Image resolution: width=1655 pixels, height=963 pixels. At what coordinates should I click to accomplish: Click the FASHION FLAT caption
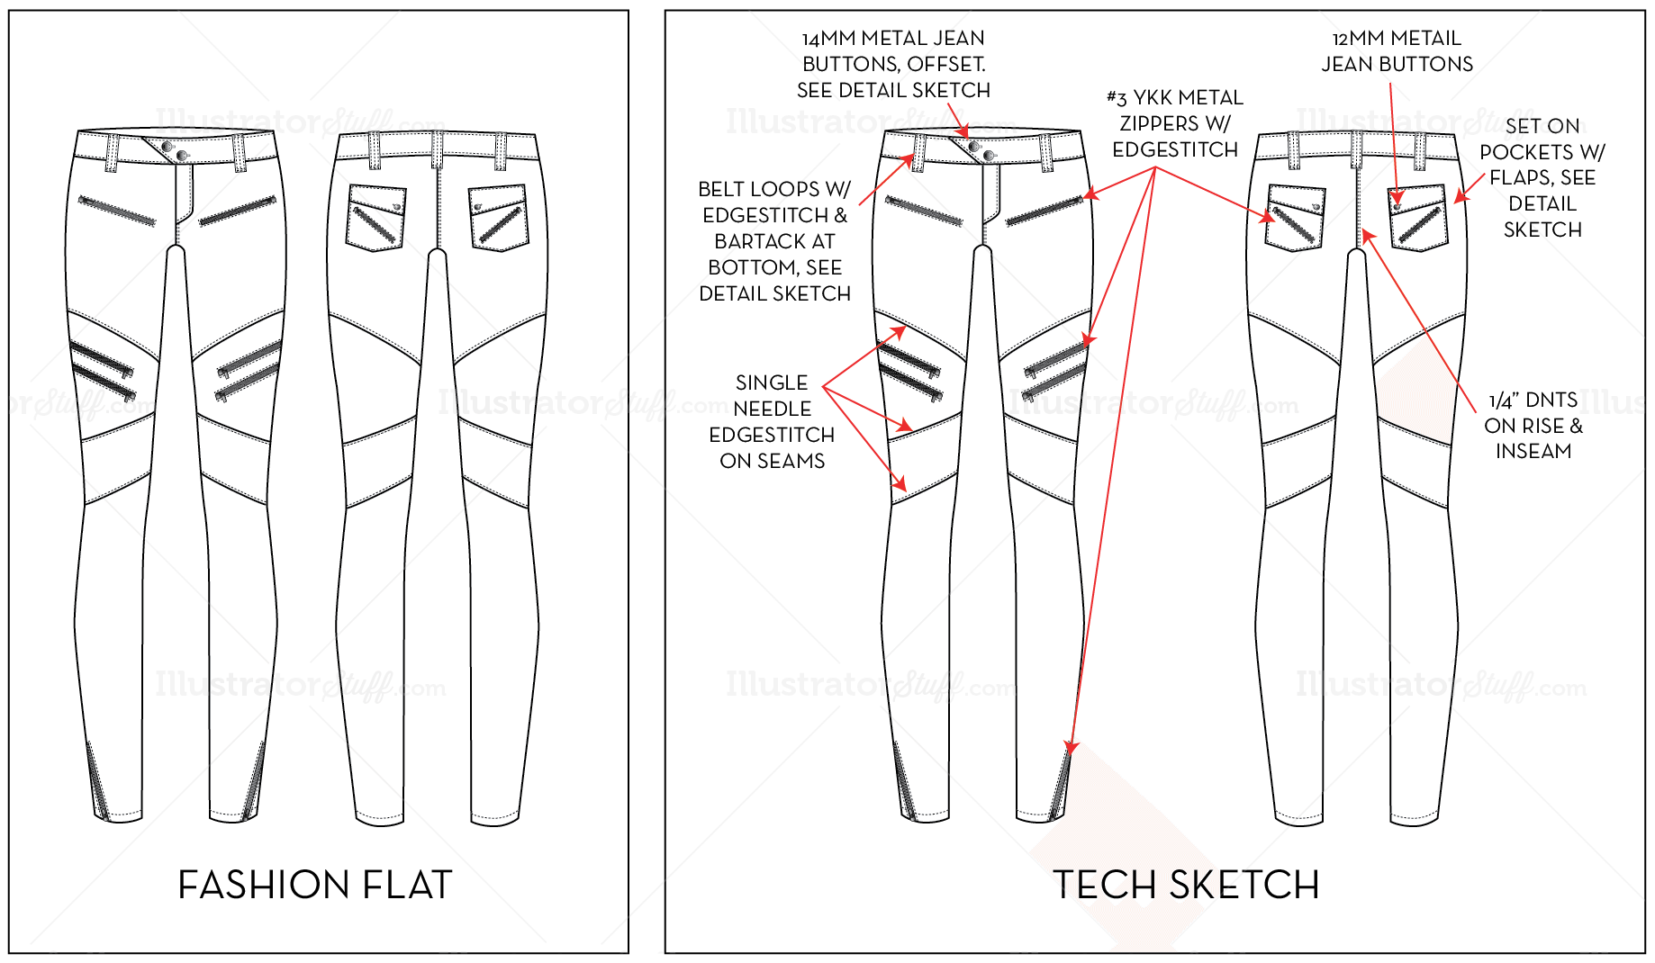coord(314,885)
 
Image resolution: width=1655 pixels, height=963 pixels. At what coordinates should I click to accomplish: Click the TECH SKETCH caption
coord(1185,885)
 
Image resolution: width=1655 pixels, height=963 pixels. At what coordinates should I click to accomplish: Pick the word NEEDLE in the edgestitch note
coord(772,409)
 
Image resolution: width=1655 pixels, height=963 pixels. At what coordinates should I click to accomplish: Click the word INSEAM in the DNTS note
coord(1533,451)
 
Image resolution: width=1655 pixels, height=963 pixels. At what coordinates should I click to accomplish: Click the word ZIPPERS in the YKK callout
coord(1159,123)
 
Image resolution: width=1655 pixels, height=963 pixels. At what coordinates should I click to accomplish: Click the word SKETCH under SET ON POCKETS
coord(1542,229)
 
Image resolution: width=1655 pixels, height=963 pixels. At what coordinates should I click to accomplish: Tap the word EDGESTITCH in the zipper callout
coord(1174,149)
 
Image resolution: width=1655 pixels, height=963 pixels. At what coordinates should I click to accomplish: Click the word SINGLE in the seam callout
coord(772,382)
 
